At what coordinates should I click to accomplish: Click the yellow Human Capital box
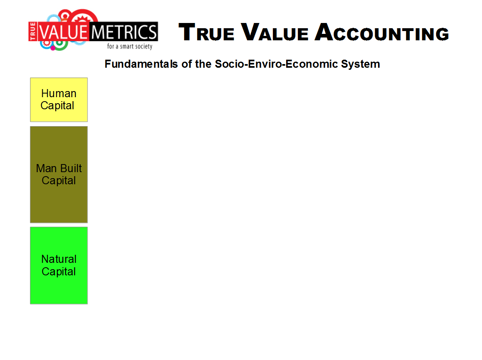(59, 100)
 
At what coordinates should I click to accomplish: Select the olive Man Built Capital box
(59, 174)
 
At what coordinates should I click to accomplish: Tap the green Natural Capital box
(59, 265)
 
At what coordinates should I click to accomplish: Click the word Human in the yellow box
(59, 94)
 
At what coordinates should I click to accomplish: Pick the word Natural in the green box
(59, 259)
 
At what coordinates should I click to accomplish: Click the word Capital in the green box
(59, 272)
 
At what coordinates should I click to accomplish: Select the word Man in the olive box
(46, 169)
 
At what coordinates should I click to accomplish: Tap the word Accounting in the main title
(382, 32)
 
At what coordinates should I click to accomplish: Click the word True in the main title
(206, 32)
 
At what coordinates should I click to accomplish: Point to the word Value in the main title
(274, 32)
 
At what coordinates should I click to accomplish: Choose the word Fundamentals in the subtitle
(141, 64)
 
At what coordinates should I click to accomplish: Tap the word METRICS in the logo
(124, 32)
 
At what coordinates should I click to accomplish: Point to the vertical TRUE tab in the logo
(33, 31)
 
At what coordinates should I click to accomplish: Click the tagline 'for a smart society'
(130, 46)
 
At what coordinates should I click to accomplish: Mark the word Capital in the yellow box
(58, 106)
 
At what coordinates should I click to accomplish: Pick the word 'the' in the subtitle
(203, 64)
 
